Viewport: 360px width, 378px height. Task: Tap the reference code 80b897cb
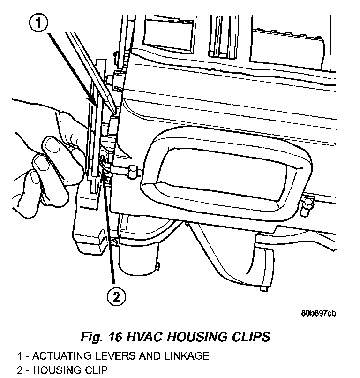[319, 314]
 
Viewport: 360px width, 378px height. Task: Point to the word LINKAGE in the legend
[186, 356]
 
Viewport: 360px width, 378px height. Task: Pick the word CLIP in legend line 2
[96, 371]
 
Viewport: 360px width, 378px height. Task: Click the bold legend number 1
[20, 356]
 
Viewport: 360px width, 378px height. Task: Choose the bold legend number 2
[20, 371]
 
